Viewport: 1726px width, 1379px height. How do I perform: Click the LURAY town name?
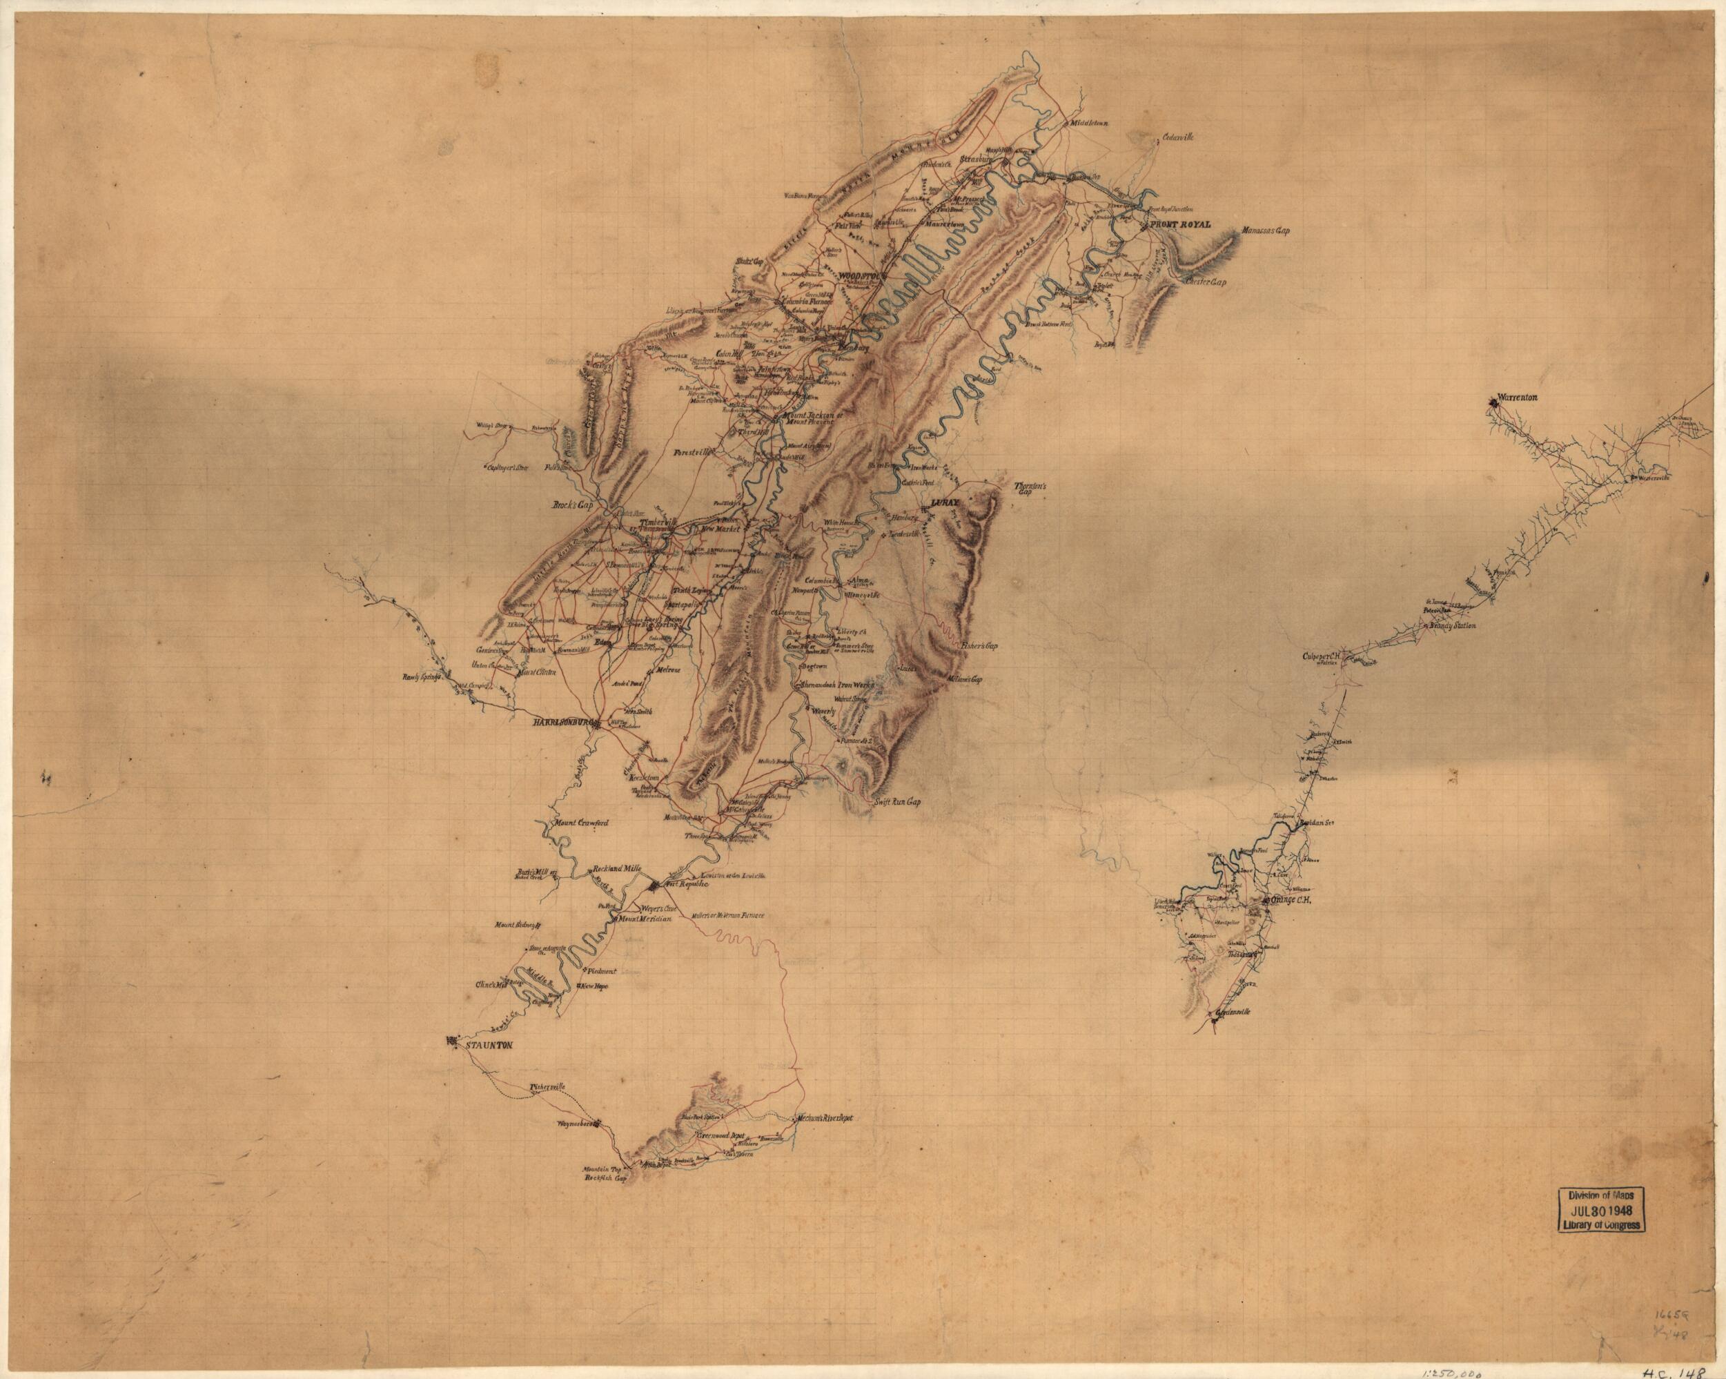[x=944, y=504]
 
